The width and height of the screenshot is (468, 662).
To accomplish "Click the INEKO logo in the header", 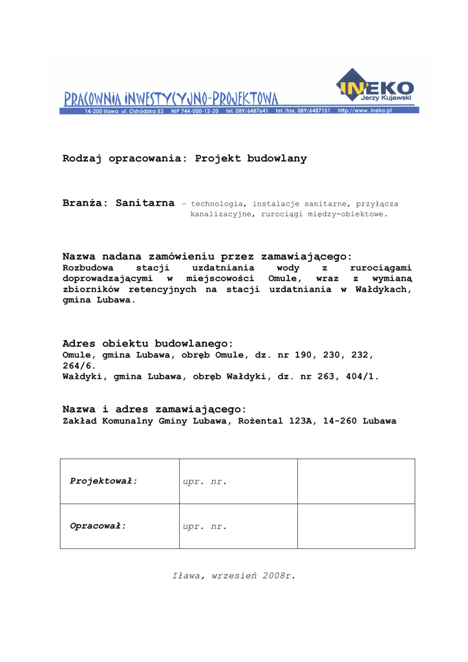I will point(375,87).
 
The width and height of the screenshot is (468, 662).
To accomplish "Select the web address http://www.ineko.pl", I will point(365,111).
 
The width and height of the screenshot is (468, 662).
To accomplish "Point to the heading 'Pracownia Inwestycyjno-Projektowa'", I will point(171,98).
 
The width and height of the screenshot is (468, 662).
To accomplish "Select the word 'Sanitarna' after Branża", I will point(145,203).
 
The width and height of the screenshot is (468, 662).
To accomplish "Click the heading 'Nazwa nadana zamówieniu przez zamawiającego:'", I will point(207,257).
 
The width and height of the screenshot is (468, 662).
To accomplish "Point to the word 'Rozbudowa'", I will point(88,268).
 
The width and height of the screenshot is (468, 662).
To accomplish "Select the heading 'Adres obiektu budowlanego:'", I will point(147,343).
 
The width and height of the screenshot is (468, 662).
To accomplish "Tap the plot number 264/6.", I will point(79,365).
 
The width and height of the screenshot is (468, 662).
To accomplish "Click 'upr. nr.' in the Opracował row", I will point(205,527).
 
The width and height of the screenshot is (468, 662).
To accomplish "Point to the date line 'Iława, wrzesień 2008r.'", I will point(233,575).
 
